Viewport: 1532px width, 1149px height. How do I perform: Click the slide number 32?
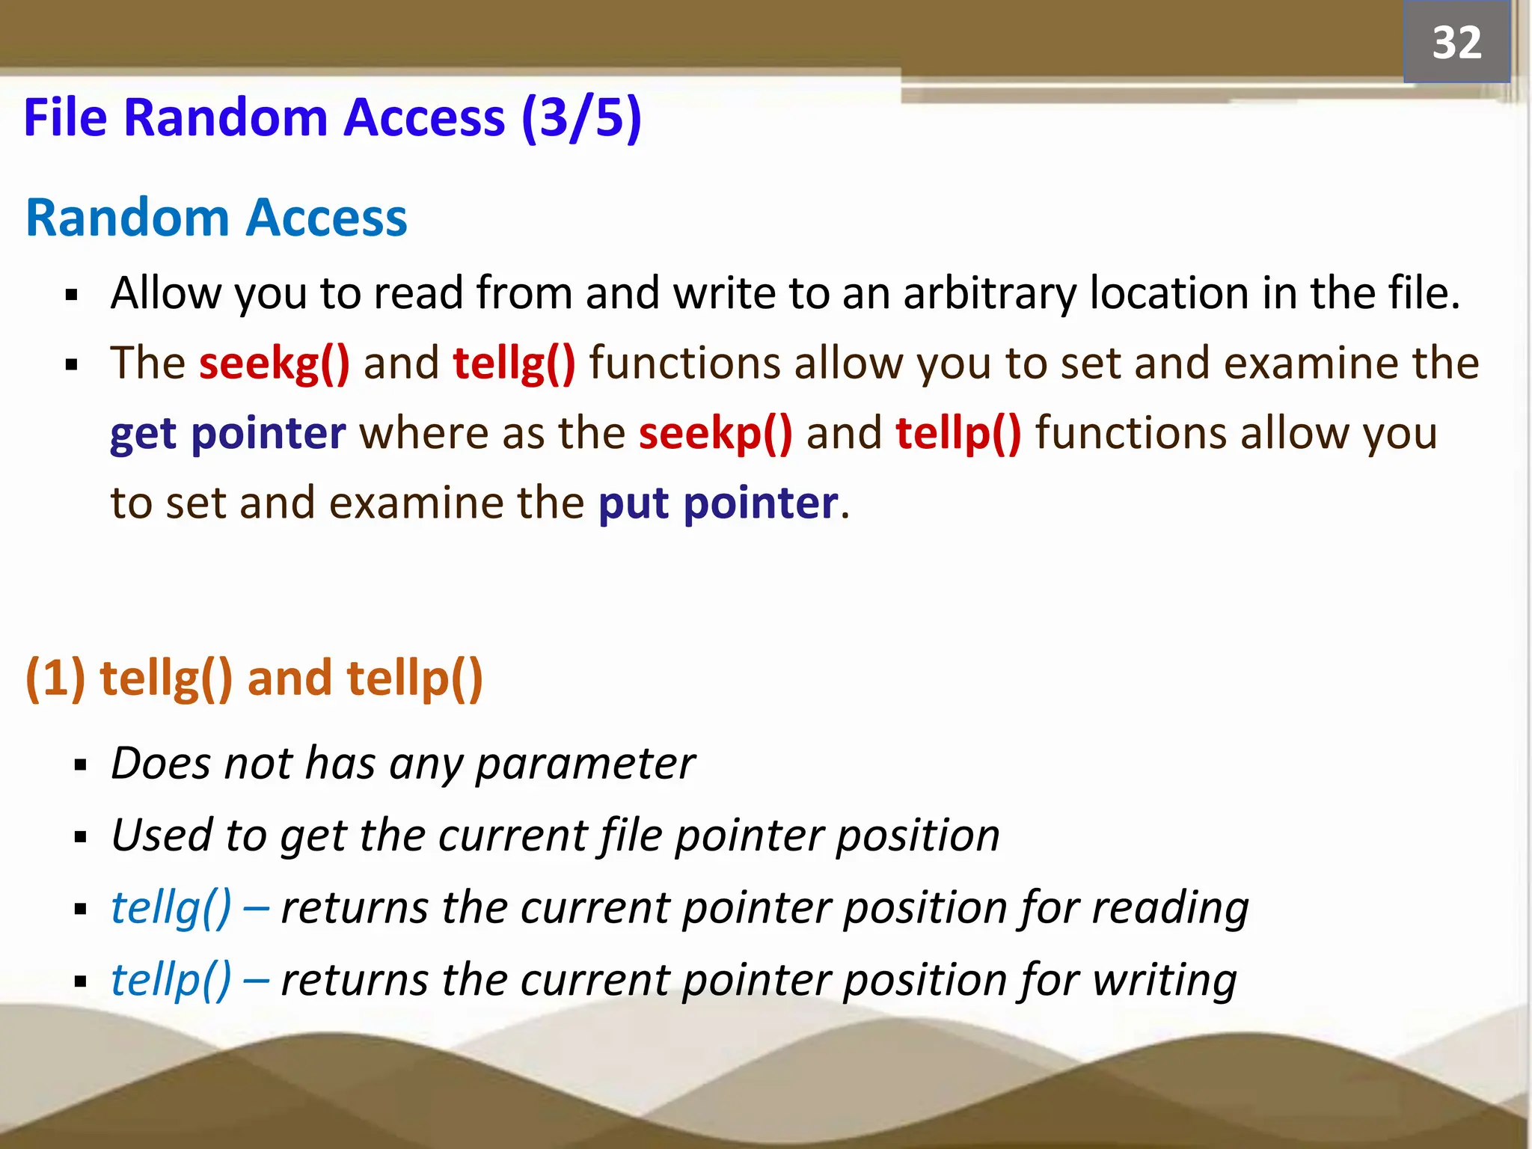(1456, 43)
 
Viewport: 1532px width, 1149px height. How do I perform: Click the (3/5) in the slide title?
(581, 118)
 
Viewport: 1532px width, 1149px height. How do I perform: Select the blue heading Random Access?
(216, 218)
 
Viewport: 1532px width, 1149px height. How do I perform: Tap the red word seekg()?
(274, 364)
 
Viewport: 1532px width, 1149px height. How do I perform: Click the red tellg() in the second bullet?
(514, 364)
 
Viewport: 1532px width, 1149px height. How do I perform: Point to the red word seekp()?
(715, 433)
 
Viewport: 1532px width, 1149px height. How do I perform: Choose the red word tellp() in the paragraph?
(957, 433)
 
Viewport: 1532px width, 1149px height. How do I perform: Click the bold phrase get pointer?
(227, 434)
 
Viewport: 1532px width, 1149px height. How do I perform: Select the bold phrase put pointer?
(717, 503)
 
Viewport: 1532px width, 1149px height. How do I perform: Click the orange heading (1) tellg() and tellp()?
(254, 678)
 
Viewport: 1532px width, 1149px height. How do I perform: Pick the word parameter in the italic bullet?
(585, 764)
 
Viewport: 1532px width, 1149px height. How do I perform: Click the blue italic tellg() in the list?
(171, 908)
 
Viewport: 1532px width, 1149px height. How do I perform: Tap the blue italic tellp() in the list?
(171, 980)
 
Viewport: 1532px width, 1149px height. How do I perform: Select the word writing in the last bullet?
(1164, 980)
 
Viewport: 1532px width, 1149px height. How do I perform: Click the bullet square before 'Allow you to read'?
(72, 295)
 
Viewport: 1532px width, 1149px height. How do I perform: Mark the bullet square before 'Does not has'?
(81, 765)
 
